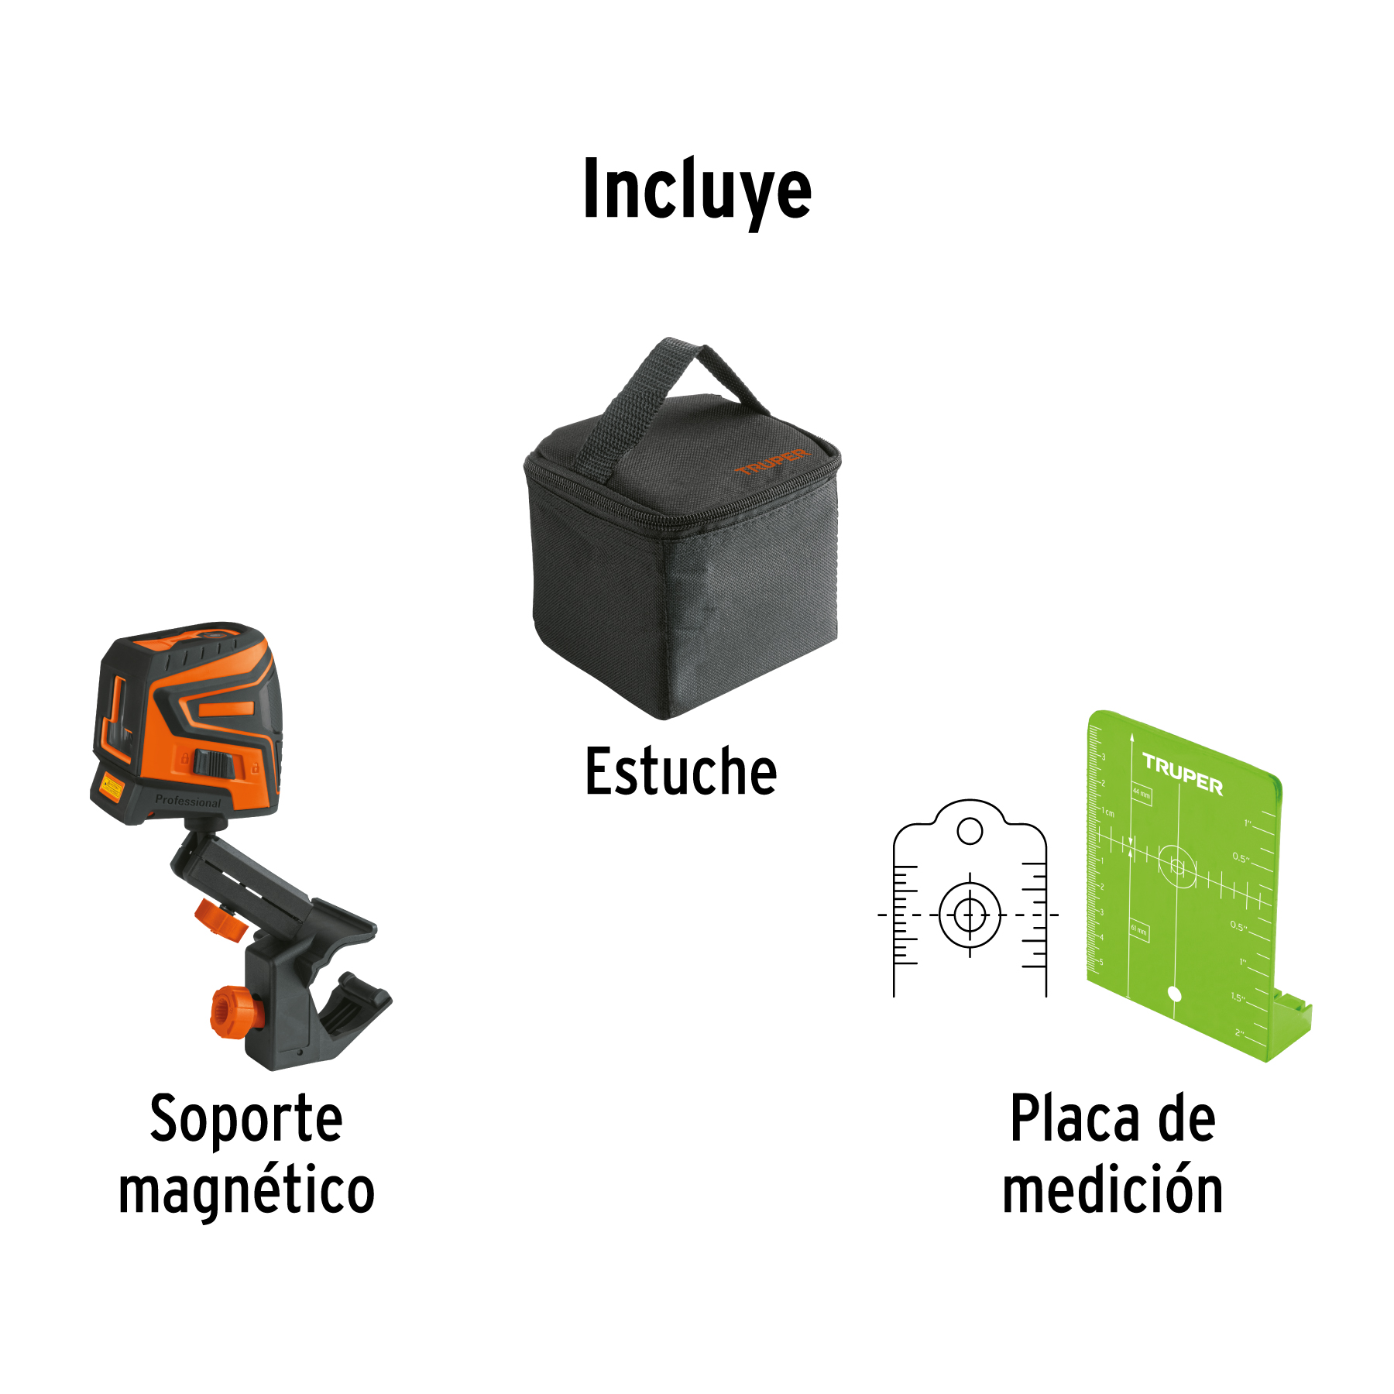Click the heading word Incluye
(697, 190)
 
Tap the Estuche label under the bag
(681, 771)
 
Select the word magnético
(246, 1190)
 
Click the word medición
(1113, 1190)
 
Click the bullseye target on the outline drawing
(970, 915)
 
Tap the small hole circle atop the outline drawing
(970, 832)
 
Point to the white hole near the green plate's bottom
(1174, 994)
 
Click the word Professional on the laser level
(187, 801)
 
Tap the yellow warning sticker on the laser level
(112, 788)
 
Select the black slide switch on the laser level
(214, 764)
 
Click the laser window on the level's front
(116, 716)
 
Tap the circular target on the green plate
(1177, 866)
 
